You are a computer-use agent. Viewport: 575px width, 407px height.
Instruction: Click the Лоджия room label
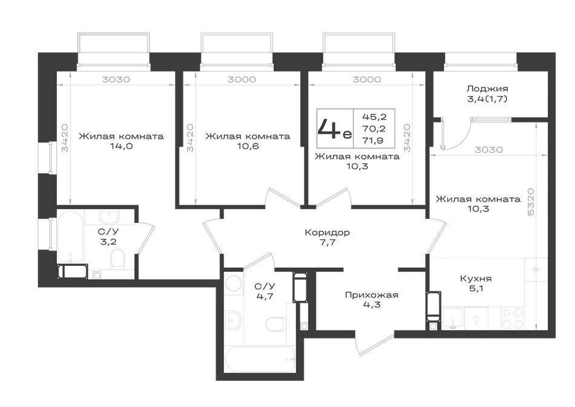tap(487, 89)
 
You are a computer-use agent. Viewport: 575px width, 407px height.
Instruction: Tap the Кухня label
tap(476, 279)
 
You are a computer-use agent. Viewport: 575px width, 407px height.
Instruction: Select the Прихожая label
tap(372, 295)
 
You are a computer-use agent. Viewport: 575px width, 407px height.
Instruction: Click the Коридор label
tap(327, 233)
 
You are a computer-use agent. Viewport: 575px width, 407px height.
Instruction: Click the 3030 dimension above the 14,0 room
tap(116, 79)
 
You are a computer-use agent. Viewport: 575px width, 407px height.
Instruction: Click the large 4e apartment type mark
tap(334, 129)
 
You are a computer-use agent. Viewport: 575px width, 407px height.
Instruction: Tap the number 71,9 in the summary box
tap(375, 140)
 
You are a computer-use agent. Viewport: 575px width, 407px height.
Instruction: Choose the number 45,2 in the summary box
tap(375, 117)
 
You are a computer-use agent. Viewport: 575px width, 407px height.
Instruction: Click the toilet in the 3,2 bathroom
tap(117, 259)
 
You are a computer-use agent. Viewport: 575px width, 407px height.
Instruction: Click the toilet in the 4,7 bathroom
tap(275, 325)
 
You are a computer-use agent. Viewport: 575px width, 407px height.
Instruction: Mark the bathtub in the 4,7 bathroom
tap(260, 359)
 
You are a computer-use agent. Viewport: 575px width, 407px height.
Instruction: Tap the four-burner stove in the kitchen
tap(513, 318)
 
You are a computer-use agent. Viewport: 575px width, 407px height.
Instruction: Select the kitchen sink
tap(453, 318)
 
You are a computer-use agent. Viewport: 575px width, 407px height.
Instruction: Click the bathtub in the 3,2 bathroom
tap(70, 236)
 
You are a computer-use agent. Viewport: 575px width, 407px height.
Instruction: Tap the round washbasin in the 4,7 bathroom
tap(233, 283)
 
